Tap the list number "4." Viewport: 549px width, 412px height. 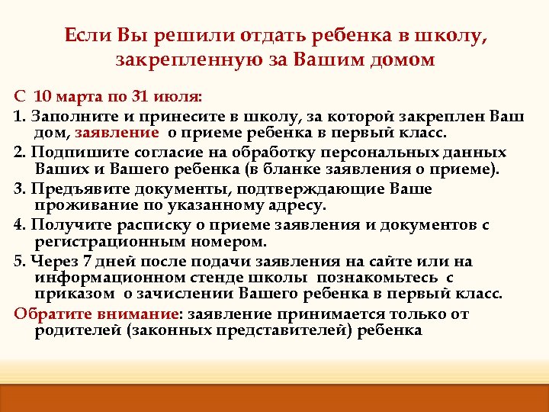click(20, 224)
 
